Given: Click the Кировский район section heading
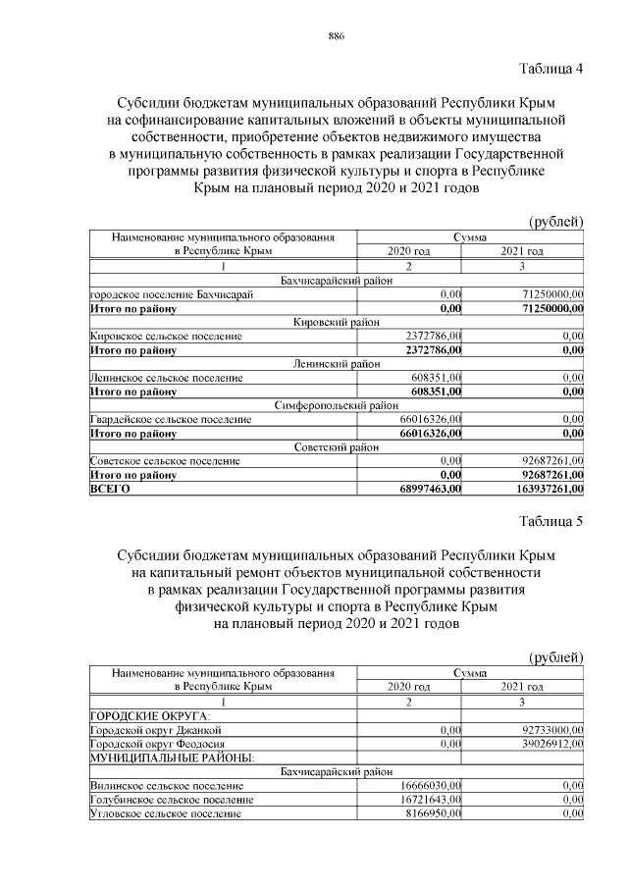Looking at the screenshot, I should pos(337,322).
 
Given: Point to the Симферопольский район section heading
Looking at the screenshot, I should pos(337,404).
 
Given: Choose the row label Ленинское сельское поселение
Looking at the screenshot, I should pos(166,377).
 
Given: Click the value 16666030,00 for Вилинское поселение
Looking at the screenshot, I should pos(430,786).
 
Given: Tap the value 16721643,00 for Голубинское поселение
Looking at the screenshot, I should pos(430,800).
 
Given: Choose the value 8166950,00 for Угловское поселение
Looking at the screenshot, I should pos(433,813).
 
